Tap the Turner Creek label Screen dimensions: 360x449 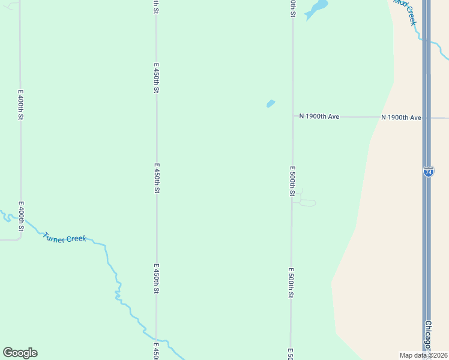65,238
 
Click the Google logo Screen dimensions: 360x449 20,353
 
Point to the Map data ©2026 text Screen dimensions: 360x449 423,355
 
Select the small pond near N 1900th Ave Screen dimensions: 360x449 270,104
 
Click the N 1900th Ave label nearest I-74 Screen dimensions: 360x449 400,118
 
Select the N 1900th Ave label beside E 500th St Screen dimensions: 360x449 319,116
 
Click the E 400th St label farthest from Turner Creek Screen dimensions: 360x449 20,105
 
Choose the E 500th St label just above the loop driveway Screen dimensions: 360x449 292,181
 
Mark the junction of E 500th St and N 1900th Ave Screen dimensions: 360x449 292,116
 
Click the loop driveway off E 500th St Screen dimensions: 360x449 306,202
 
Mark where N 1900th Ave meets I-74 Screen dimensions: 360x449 426,118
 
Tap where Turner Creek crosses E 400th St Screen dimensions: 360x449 20,223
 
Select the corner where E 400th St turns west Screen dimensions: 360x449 20,238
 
